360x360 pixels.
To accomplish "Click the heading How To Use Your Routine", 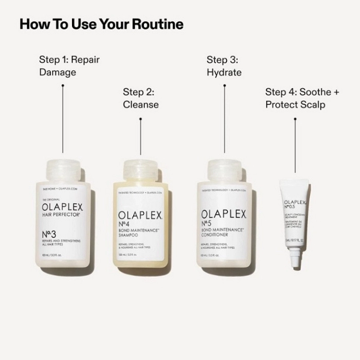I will pos(101,24).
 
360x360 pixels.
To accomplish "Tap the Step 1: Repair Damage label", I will pos(69,66).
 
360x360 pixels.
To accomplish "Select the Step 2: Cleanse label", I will pos(140,98).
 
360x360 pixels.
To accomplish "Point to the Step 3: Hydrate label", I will pos(224,66).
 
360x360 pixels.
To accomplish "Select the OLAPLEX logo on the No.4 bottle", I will pos(140,214).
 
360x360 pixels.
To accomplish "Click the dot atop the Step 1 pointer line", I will pos(63,86).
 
